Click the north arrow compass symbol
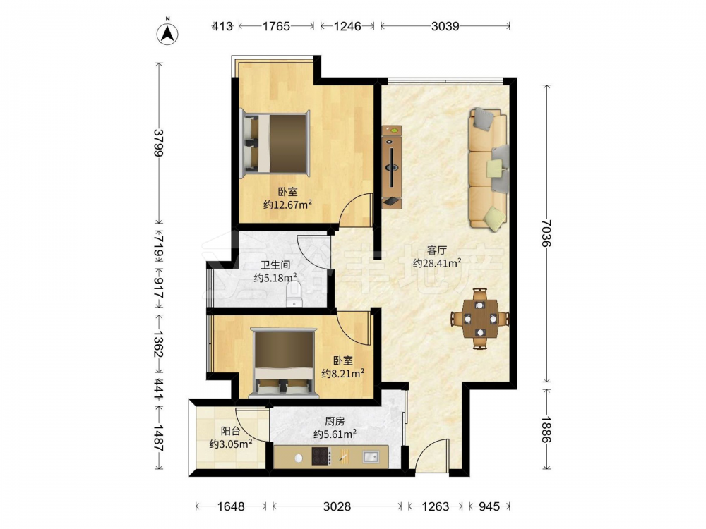pos(167,33)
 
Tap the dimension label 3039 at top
pos(445,26)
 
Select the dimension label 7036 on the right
pos(546,233)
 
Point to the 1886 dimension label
pos(546,430)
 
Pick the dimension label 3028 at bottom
pos(337,506)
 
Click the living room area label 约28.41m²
pos(437,262)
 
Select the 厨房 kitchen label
pos(335,421)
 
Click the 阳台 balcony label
pos(230,431)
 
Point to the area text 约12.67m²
pos(288,205)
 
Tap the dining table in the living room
pos(480,319)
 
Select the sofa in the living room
pos(489,169)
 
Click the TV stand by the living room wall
pos(392,167)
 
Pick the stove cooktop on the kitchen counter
pos(321,456)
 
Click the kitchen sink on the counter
pos(371,456)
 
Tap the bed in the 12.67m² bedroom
pos(275,143)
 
